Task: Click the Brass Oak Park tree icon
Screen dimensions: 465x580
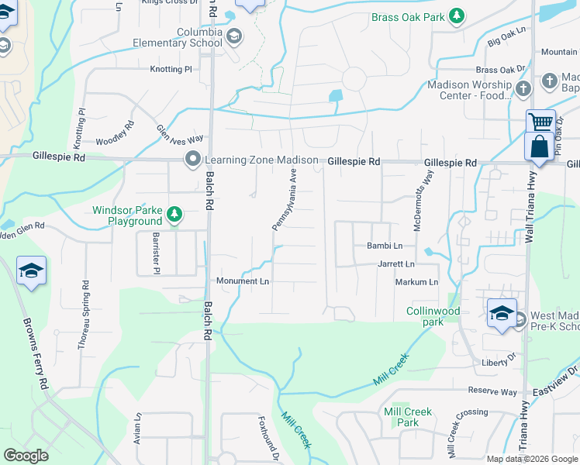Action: coord(457,15)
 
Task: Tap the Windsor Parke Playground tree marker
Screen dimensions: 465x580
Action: coord(175,214)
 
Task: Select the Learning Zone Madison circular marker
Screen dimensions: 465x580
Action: coord(192,160)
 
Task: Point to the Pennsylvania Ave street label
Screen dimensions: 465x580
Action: coord(285,201)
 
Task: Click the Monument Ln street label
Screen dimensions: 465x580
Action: coord(243,281)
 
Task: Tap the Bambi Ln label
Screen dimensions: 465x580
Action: coord(385,246)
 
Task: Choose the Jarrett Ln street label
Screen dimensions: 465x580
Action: coord(395,264)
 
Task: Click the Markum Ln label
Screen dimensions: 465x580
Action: coord(416,282)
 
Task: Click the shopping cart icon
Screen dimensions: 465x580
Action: coord(541,122)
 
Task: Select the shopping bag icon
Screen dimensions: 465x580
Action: coord(539,147)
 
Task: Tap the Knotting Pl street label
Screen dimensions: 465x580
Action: coord(171,69)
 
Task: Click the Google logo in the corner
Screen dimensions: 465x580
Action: coord(26,456)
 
